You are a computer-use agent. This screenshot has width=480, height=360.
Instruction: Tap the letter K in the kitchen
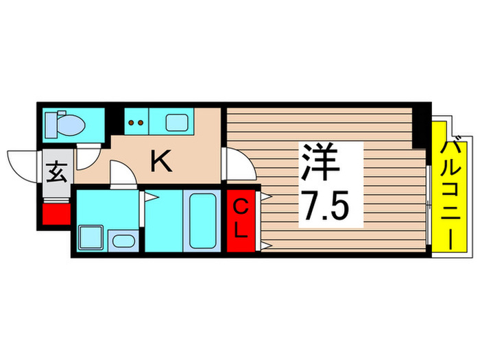tap(160, 162)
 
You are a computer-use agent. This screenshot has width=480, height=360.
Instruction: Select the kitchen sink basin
tap(180, 123)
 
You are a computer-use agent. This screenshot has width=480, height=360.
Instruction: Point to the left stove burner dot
tap(132, 124)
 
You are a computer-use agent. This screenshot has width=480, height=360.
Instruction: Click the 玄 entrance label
tap(57, 171)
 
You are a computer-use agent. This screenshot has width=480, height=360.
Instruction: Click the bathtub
tap(202, 220)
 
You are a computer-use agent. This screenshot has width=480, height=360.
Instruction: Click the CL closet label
tap(240, 219)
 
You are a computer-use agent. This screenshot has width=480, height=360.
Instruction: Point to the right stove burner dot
tap(142, 124)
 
